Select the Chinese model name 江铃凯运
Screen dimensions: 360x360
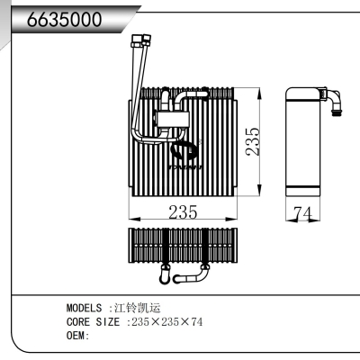134,307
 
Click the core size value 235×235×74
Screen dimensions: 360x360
166,321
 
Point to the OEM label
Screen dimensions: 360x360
77,336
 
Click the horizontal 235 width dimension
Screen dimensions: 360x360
183,213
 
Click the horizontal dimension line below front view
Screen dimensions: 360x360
183,220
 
